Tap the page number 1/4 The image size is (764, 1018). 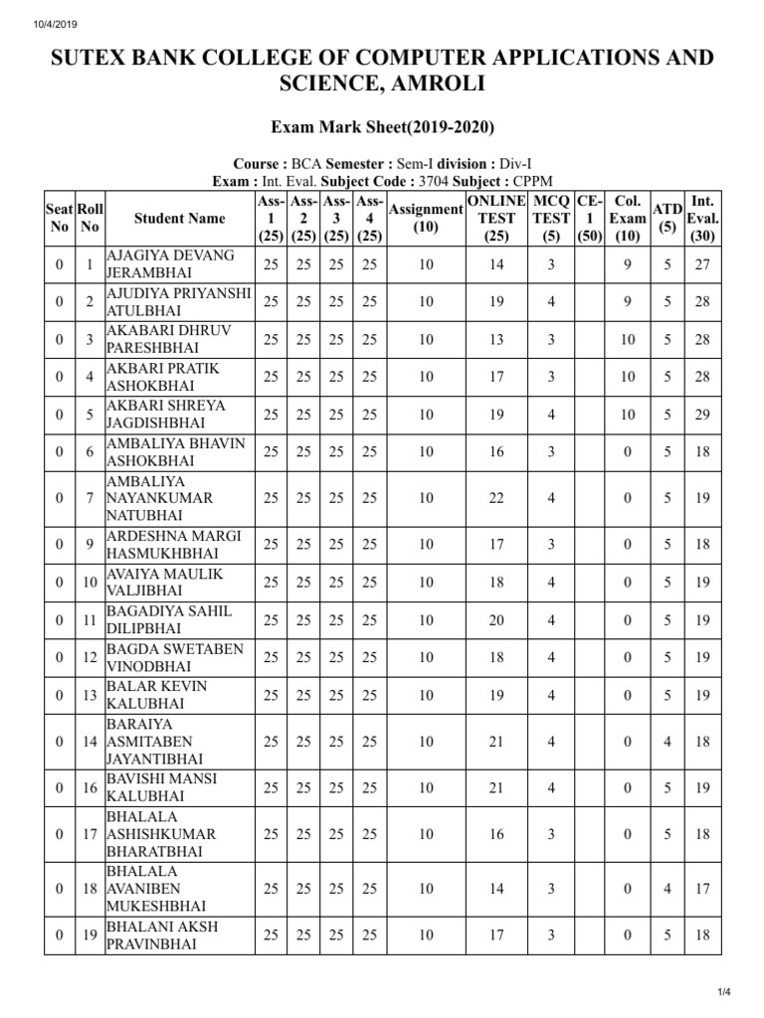(723, 992)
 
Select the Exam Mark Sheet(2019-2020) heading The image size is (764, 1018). (382, 127)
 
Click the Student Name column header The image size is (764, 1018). (179, 218)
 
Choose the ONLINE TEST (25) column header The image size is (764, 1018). (496, 218)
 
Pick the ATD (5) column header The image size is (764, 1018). (667, 218)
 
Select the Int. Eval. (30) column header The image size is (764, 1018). (702, 218)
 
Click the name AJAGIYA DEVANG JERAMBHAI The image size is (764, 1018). (170, 264)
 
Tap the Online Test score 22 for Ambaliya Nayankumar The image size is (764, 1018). (496, 497)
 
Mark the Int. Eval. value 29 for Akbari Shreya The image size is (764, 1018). (702, 414)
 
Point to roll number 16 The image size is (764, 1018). (90, 788)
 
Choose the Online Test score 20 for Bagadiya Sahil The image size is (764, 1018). (496, 620)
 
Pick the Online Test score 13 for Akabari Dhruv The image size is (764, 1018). (496, 340)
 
